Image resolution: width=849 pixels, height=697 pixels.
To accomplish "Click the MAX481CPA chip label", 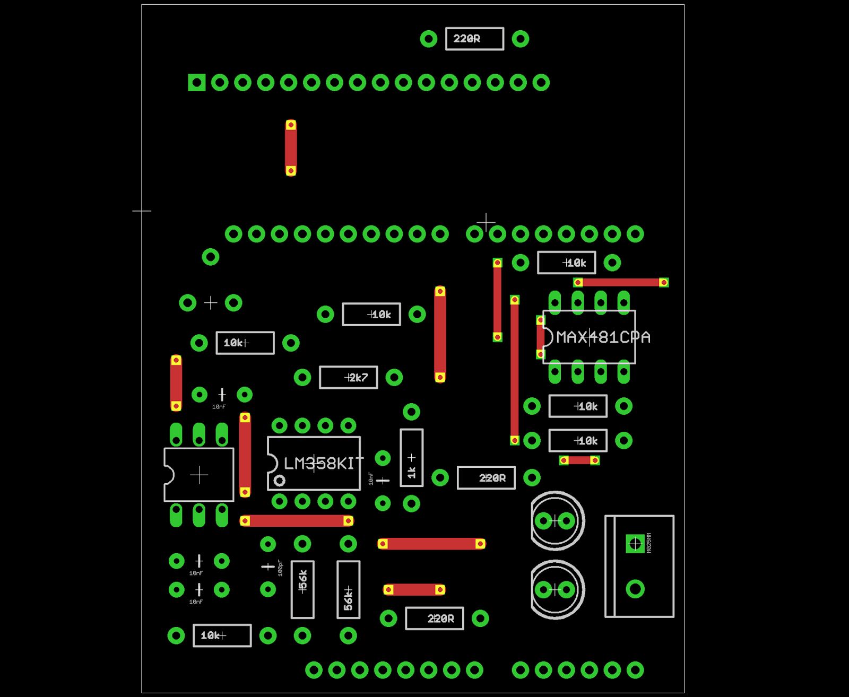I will pos(603,337).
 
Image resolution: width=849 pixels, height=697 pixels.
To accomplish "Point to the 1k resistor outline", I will pos(412,458).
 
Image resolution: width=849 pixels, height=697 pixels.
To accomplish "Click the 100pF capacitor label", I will pos(280,568).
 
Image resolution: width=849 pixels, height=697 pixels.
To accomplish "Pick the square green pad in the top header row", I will pos(197,83).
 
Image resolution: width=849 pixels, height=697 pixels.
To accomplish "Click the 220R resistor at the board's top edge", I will pos(474,39).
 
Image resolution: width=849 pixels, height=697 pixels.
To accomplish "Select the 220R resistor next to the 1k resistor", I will pos(486,478).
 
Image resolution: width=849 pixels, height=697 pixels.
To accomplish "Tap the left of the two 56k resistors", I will pos(302,589).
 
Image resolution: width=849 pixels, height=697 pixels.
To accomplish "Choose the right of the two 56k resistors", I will pos(348,589).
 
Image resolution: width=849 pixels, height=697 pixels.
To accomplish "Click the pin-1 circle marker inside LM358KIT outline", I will pos(280,481).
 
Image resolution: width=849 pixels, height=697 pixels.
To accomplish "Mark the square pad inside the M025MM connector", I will pos(635,544).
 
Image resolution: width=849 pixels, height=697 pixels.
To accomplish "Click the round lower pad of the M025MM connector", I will pos(635,589).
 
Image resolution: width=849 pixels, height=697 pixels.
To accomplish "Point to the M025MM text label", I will pos(649,543).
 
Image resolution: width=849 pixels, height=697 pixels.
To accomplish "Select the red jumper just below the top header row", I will pos(291,147).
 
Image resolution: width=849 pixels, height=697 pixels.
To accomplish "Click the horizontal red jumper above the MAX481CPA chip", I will pos(621,282).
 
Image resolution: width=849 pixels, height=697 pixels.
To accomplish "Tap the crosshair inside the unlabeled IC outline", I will pos(199,475).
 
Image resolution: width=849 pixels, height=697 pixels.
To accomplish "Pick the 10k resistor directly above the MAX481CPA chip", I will pos(567,263).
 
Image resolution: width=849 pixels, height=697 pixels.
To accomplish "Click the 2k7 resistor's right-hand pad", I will pos(394,378).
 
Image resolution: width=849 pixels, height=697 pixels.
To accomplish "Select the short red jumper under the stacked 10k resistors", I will pos(579,460).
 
